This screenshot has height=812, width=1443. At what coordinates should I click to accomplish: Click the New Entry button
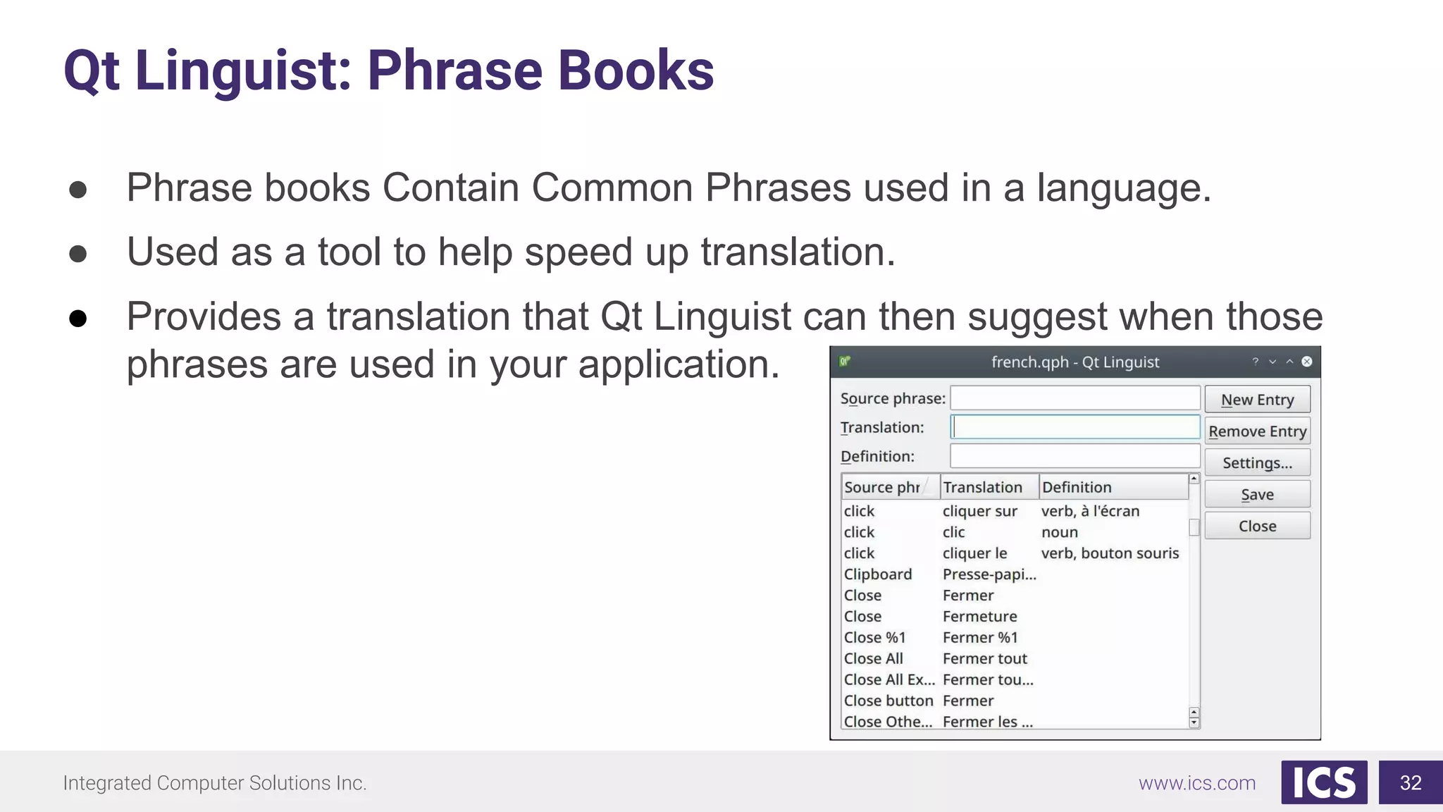pos(1257,400)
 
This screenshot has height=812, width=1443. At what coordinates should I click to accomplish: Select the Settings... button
pos(1257,463)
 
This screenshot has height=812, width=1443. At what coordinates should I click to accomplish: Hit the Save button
pos(1257,495)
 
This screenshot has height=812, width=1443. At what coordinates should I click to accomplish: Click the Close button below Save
pos(1257,527)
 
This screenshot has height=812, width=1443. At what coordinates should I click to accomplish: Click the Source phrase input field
pos(1074,398)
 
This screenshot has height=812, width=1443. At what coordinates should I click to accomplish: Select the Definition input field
pos(1074,456)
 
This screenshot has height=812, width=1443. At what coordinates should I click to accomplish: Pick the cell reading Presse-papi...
pos(989,574)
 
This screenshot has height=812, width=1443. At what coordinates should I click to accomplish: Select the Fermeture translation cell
pos(979,617)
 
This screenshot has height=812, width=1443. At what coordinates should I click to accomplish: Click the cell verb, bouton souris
pos(1110,553)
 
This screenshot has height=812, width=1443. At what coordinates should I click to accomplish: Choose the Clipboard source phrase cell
pos(878,574)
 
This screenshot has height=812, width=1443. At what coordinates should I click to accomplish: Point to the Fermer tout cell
pos(984,659)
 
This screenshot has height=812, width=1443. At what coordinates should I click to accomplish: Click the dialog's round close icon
pos(1307,362)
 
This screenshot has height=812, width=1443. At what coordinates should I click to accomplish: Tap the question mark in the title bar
pos(1255,362)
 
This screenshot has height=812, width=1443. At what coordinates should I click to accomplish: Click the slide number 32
pos(1411,782)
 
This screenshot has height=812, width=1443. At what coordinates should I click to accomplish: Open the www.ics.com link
pos(1197,783)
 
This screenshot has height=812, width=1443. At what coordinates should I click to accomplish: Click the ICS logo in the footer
pos(1324,782)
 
